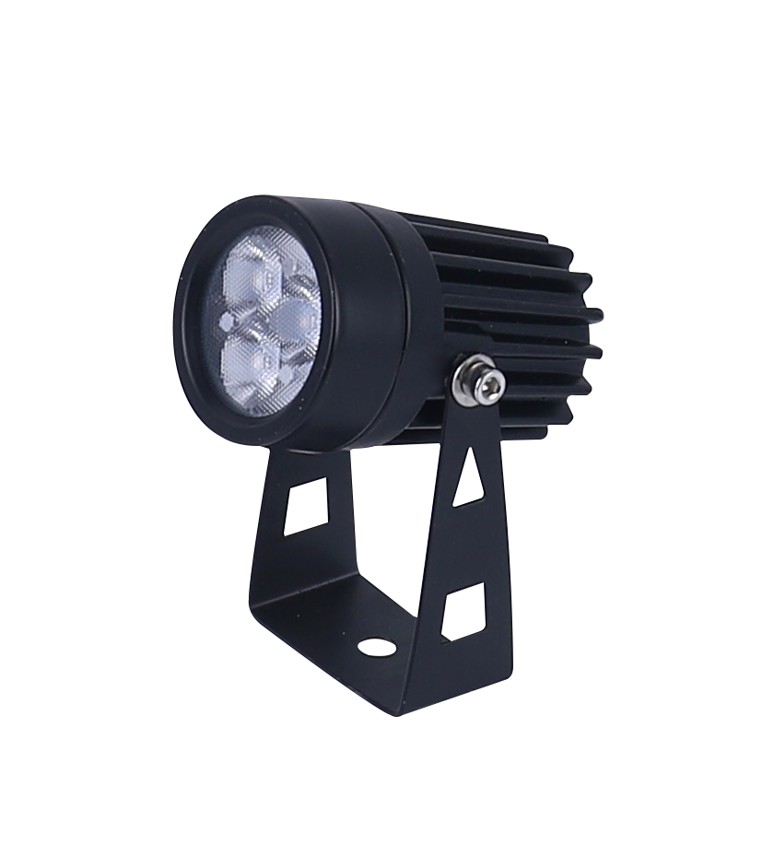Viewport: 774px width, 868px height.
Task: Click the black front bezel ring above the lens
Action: [x=249, y=214]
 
